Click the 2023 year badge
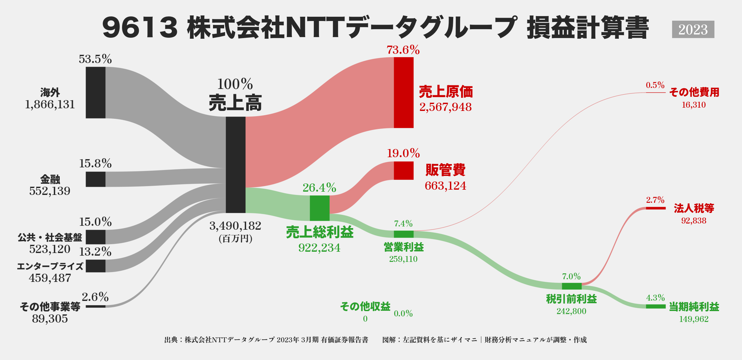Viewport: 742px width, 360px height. tap(693, 30)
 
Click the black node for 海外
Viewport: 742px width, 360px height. tap(95, 93)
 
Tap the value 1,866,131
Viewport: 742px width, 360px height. tap(50, 105)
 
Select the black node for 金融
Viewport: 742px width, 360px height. tap(95, 179)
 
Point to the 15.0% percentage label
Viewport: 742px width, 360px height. tap(95, 222)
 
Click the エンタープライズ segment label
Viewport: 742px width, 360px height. tap(50, 266)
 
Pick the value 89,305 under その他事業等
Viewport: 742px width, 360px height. tap(50, 319)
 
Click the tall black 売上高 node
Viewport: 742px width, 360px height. tap(235, 165)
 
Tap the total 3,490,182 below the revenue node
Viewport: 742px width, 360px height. tap(235, 226)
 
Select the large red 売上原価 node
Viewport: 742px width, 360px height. tap(403, 93)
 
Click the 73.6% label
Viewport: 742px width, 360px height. tap(403, 50)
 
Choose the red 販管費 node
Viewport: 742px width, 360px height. tap(403, 171)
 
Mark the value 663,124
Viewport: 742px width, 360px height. tap(445, 186)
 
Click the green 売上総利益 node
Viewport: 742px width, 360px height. tap(319, 208)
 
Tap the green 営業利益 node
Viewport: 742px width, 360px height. tap(403, 234)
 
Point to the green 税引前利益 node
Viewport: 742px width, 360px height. tap(571, 286)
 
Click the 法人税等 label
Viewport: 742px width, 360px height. tap(694, 208)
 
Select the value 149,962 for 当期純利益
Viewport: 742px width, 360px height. tap(693, 319)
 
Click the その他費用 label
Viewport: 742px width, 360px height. tap(694, 92)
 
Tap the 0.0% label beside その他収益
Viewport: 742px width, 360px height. tap(403, 314)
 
